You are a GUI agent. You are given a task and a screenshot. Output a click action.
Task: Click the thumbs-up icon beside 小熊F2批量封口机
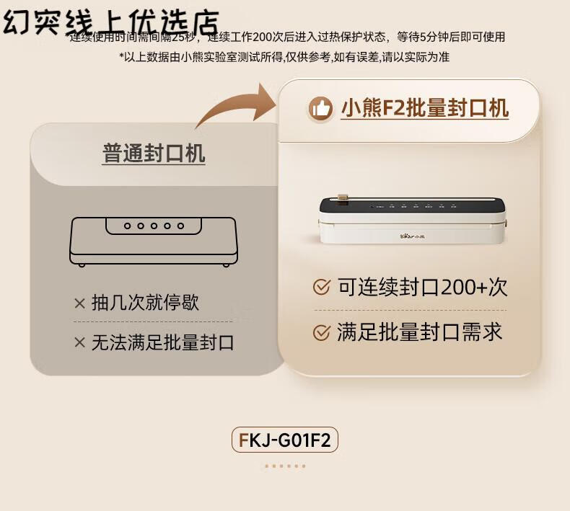320,108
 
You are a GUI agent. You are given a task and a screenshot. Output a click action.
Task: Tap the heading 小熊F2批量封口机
424,108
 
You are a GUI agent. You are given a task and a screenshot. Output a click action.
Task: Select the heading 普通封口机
154,154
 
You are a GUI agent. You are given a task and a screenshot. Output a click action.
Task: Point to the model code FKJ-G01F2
284,440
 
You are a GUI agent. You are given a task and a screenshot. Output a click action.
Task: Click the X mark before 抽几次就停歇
79,303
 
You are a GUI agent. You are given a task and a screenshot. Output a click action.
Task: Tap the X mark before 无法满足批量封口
79,342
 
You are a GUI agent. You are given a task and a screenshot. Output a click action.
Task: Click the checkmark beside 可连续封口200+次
322,288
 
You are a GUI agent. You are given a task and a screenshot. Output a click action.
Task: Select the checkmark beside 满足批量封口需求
322,332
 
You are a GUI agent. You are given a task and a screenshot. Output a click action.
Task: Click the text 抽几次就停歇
146,303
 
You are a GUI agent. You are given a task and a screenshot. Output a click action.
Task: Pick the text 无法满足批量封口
163,342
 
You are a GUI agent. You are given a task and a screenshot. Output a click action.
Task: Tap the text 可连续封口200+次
422,288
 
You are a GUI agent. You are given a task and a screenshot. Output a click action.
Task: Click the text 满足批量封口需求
420,332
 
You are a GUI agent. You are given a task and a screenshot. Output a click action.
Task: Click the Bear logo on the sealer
413,236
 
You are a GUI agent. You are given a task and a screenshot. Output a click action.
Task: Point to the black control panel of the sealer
412,205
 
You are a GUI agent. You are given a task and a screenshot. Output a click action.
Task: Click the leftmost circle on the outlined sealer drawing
127,226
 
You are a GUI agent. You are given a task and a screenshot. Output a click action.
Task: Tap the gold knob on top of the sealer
342,197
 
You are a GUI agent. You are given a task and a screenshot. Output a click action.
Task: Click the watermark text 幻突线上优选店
111,22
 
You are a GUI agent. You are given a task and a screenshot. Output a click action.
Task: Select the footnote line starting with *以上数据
284,57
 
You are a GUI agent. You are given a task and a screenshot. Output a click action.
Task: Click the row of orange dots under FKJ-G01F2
285,466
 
